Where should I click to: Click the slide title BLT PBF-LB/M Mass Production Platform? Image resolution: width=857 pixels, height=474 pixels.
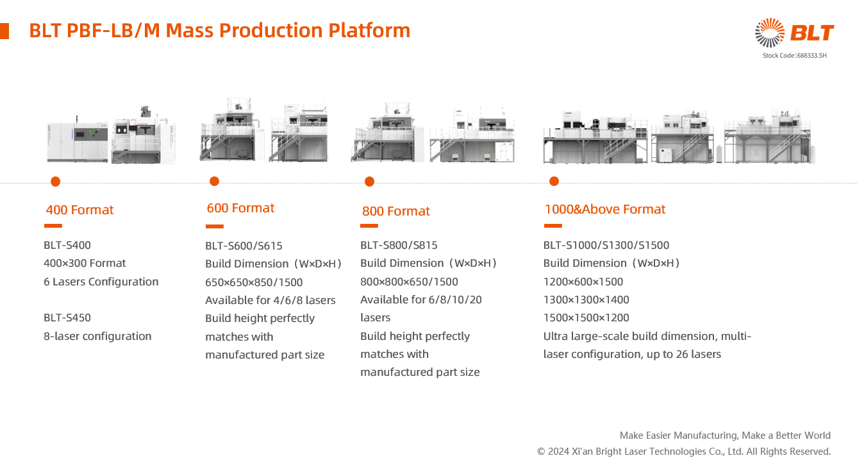(219, 30)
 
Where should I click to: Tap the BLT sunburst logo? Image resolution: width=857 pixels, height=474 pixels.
(770, 33)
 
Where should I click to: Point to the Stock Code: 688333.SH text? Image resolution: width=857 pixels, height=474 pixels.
(794, 56)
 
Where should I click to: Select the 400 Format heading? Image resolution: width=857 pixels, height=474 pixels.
(79, 210)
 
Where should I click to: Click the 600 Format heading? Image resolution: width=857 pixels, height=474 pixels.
(240, 208)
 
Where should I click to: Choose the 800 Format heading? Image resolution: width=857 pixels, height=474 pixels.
(395, 211)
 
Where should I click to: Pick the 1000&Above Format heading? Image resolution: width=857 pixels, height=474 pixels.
(604, 209)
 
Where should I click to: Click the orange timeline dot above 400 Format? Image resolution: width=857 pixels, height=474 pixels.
(55, 182)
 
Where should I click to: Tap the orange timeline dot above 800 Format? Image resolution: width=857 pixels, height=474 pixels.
(369, 182)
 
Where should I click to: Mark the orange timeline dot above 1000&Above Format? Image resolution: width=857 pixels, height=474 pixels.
(554, 182)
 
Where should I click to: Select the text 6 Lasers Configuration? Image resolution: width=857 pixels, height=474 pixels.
(101, 282)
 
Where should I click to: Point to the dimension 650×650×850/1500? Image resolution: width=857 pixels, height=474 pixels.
(254, 282)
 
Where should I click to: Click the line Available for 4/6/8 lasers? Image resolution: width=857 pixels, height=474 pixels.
(270, 300)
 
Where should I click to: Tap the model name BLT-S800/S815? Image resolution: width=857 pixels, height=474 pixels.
(399, 245)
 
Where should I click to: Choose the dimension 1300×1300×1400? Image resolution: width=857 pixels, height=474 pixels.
(586, 300)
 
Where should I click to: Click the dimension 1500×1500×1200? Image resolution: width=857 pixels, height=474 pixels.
(586, 317)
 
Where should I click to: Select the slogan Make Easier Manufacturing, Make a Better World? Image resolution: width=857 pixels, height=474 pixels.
(724, 436)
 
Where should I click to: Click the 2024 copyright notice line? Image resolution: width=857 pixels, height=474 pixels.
(683, 452)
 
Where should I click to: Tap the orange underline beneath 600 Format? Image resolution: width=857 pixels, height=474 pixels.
(214, 226)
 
